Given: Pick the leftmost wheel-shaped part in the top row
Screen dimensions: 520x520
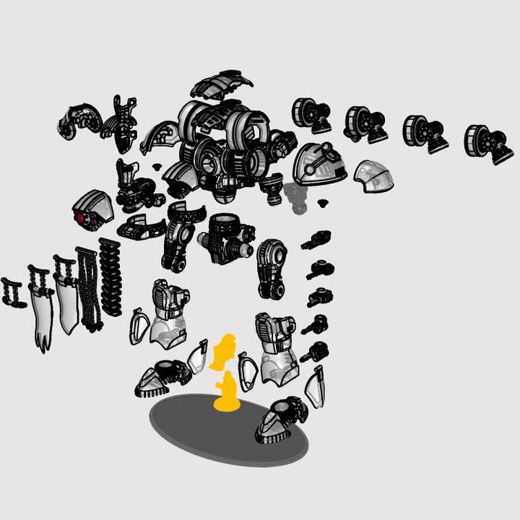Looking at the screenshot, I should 309,114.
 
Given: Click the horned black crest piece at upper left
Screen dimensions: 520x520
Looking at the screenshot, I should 124,121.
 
